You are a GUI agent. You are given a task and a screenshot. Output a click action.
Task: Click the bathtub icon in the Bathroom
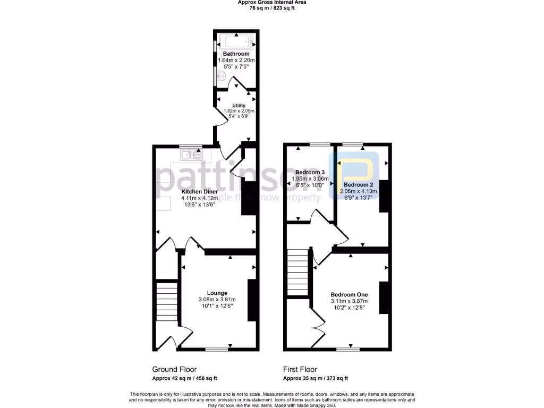point(236,40)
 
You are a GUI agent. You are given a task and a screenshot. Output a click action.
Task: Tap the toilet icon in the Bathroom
point(222,77)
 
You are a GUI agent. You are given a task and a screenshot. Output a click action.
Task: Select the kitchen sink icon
point(191,155)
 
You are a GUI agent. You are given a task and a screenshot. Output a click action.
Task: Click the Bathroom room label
point(236,54)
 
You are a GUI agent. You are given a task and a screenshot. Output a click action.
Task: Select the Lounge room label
point(217,293)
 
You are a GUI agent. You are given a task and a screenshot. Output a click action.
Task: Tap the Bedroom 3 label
point(310,173)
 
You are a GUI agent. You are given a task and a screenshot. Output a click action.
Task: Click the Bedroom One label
point(349,294)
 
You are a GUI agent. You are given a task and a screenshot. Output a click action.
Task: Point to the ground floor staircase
point(166,300)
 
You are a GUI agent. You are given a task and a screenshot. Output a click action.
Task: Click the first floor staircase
point(298,272)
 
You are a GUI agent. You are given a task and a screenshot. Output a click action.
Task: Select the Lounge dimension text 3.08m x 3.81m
point(217,299)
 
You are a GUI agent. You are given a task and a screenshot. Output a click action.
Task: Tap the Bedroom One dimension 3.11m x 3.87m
point(349,301)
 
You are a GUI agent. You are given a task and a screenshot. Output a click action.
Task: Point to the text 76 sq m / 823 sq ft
point(271,8)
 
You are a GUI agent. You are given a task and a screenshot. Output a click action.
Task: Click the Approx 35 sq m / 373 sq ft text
point(316,378)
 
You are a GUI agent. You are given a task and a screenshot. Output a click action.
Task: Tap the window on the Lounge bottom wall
point(217,349)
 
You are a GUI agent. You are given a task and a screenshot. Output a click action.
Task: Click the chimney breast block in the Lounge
point(252,300)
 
